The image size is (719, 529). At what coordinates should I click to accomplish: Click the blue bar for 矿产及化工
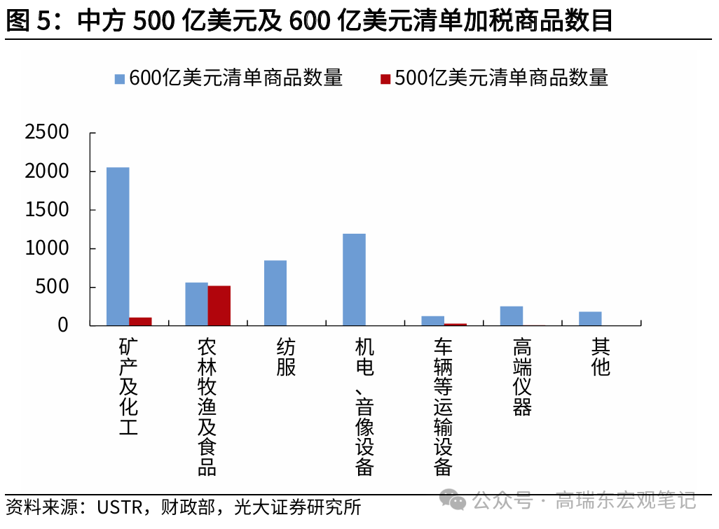click(x=118, y=246)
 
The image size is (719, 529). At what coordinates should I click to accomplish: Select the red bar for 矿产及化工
click(x=140, y=321)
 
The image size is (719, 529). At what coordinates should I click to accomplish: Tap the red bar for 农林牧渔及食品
click(x=219, y=306)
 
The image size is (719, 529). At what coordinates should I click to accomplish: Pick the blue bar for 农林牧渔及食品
click(x=196, y=304)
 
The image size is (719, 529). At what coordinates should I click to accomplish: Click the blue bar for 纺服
click(x=275, y=292)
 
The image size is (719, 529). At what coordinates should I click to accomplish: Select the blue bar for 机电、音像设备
click(x=354, y=279)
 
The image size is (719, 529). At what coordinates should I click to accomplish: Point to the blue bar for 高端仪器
click(x=511, y=316)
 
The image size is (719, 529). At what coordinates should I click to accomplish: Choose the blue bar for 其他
click(x=590, y=318)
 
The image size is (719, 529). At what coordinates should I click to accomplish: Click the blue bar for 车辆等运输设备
click(x=432, y=320)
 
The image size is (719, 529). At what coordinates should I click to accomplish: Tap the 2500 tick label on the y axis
click(x=47, y=132)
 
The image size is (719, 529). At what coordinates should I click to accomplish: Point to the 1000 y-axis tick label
click(x=47, y=248)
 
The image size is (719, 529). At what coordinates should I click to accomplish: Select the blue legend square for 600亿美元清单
click(x=119, y=78)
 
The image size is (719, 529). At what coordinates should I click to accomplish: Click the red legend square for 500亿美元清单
click(x=385, y=78)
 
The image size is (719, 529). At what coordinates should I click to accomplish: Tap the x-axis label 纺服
click(x=286, y=357)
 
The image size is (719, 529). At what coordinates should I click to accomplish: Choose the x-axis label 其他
click(x=601, y=357)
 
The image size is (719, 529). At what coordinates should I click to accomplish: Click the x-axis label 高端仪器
click(x=522, y=376)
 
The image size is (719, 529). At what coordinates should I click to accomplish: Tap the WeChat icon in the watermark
click(x=456, y=500)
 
